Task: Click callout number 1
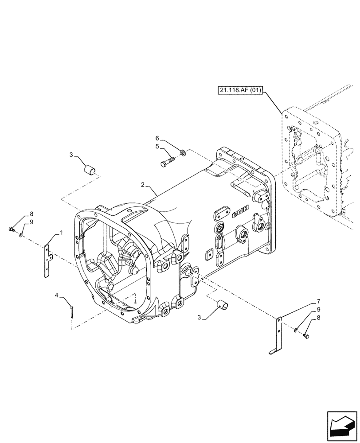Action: click(x=61, y=233)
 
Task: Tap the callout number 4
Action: click(x=57, y=295)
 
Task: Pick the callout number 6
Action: click(x=157, y=139)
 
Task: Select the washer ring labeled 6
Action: click(x=183, y=153)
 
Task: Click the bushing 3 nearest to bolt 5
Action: click(x=90, y=169)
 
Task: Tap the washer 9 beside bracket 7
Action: click(x=296, y=329)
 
